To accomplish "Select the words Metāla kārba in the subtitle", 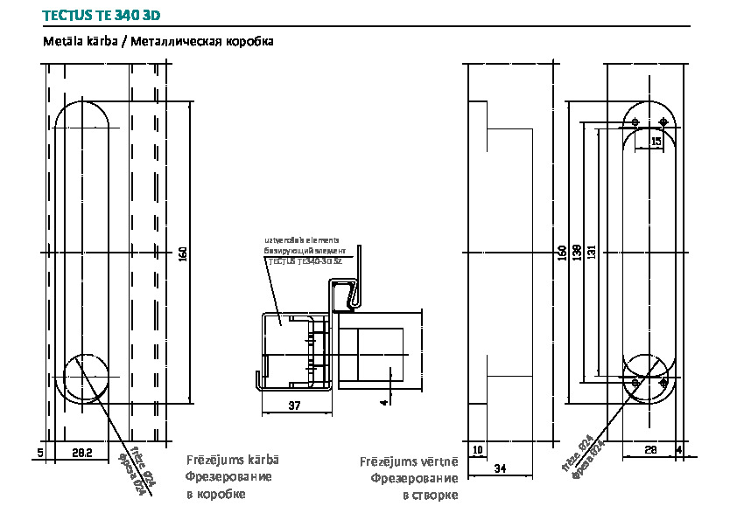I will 80,42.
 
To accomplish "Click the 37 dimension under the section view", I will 294,405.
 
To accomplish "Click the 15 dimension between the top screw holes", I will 656,140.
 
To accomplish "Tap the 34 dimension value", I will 500,469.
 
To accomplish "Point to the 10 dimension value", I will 477,450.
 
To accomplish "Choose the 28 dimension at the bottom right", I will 650,450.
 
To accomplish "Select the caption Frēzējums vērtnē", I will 409,461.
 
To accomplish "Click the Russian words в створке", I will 430,496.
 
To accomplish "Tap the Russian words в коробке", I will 215,494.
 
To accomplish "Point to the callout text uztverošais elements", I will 302,239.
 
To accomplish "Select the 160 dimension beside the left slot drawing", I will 182,253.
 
